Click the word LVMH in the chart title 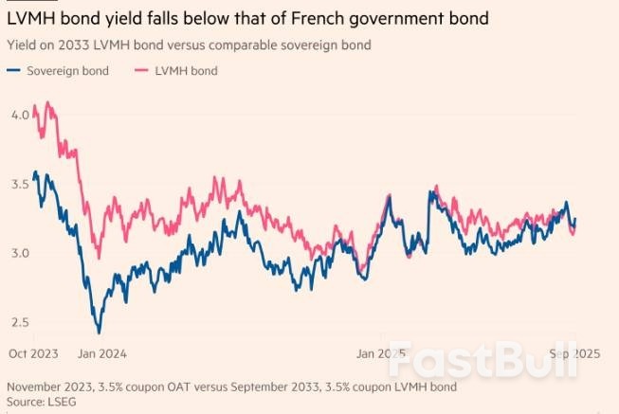pyautogui.click(x=30, y=18)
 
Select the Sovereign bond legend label pyautogui.click(x=69, y=71)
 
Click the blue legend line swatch pyautogui.click(x=14, y=71)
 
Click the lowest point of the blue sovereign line pyautogui.click(x=99, y=333)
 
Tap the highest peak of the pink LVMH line pyautogui.click(x=47, y=102)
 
